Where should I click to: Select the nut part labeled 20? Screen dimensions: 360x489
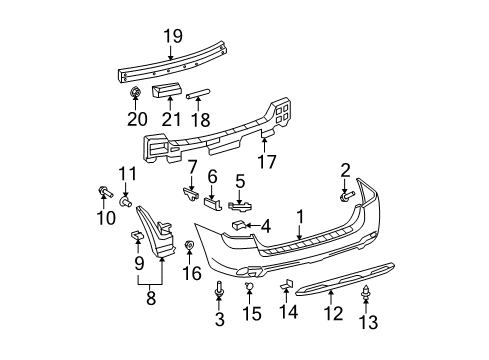(134, 95)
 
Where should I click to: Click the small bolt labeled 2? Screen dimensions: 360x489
(346, 194)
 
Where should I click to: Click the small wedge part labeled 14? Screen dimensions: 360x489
(285, 287)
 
